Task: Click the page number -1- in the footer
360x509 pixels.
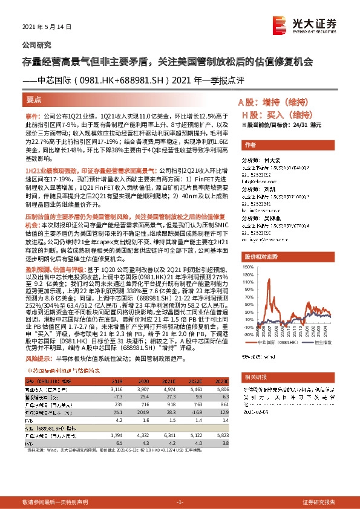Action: click(x=179, y=502)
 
